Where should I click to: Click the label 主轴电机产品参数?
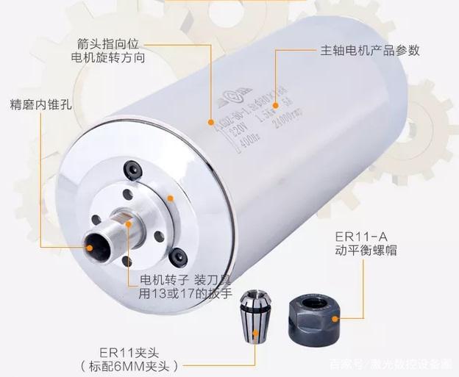[369, 51]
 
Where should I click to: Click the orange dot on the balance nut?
[335, 317]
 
